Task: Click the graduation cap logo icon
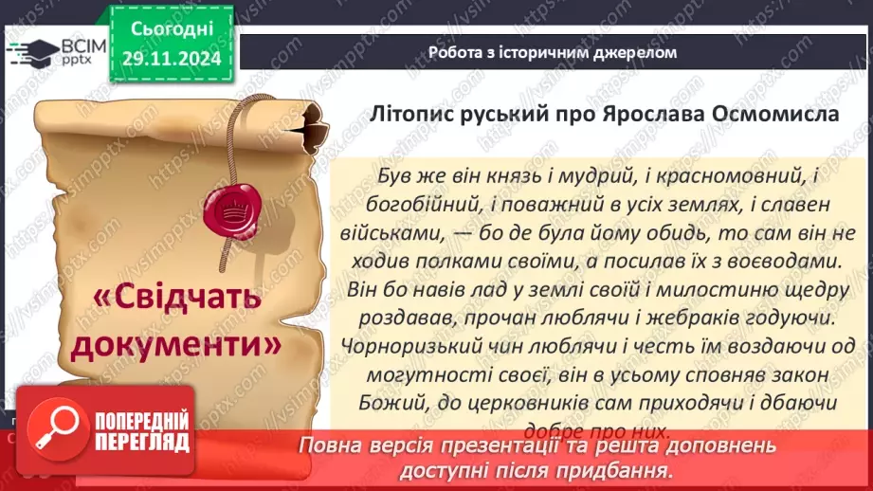28,50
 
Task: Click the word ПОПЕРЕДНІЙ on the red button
140,422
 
